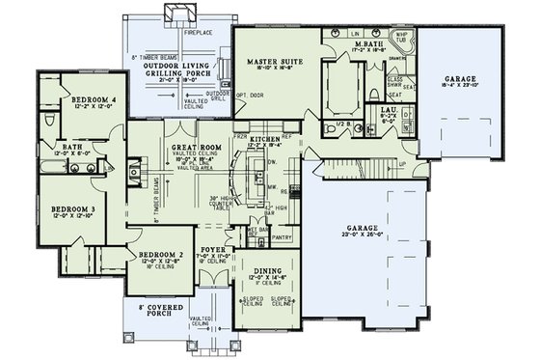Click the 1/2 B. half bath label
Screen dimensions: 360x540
pyautogui.click(x=334, y=125)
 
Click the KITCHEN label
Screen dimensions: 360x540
pyautogui.click(x=264, y=140)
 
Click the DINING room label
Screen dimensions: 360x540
pyautogui.click(x=269, y=271)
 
